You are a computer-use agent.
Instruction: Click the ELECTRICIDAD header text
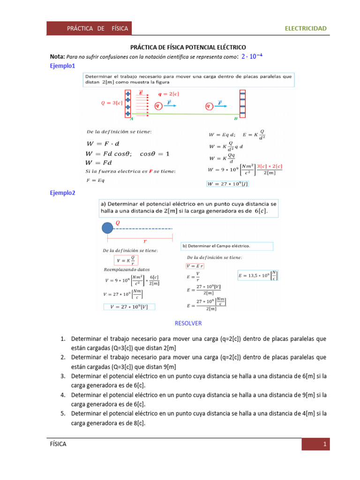(306, 29)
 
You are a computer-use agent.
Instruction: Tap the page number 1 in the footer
(324, 444)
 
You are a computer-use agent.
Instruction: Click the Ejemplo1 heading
(62, 66)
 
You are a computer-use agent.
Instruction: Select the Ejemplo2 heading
(62, 193)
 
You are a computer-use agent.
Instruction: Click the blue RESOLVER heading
(188, 323)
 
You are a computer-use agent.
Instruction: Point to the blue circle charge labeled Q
(107, 228)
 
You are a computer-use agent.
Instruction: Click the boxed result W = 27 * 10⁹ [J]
(228, 184)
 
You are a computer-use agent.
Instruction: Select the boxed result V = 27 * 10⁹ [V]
(129, 307)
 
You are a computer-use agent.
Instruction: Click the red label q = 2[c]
(169, 94)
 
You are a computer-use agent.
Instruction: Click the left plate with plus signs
(127, 104)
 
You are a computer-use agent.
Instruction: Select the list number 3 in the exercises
(62, 376)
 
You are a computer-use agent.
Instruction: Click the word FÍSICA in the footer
(58, 444)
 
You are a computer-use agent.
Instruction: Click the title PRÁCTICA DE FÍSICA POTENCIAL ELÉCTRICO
(187, 47)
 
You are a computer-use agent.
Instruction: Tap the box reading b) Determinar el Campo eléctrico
(227, 246)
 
